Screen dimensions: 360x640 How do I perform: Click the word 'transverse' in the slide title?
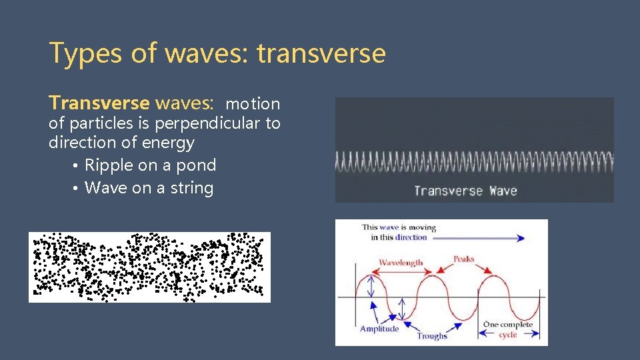click(321, 53)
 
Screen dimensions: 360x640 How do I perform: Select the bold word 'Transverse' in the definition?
click(99, 103)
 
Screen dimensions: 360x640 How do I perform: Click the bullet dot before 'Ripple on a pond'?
click(77, 166)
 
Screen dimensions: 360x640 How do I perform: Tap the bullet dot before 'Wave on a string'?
click(77, 189)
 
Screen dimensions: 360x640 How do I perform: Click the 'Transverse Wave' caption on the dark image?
click(465, 191)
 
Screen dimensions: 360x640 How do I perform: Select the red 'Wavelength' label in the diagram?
click(401, 262)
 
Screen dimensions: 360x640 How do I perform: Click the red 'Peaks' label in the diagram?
click(464, 259)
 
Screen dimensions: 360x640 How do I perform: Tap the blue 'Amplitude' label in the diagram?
click(379, 329)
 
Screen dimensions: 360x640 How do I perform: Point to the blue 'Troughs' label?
click(432, 336)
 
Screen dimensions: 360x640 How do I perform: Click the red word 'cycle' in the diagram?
click(507, 335)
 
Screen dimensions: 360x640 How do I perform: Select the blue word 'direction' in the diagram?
click(411, 237)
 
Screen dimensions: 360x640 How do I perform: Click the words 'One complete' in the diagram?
click(507, 325)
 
